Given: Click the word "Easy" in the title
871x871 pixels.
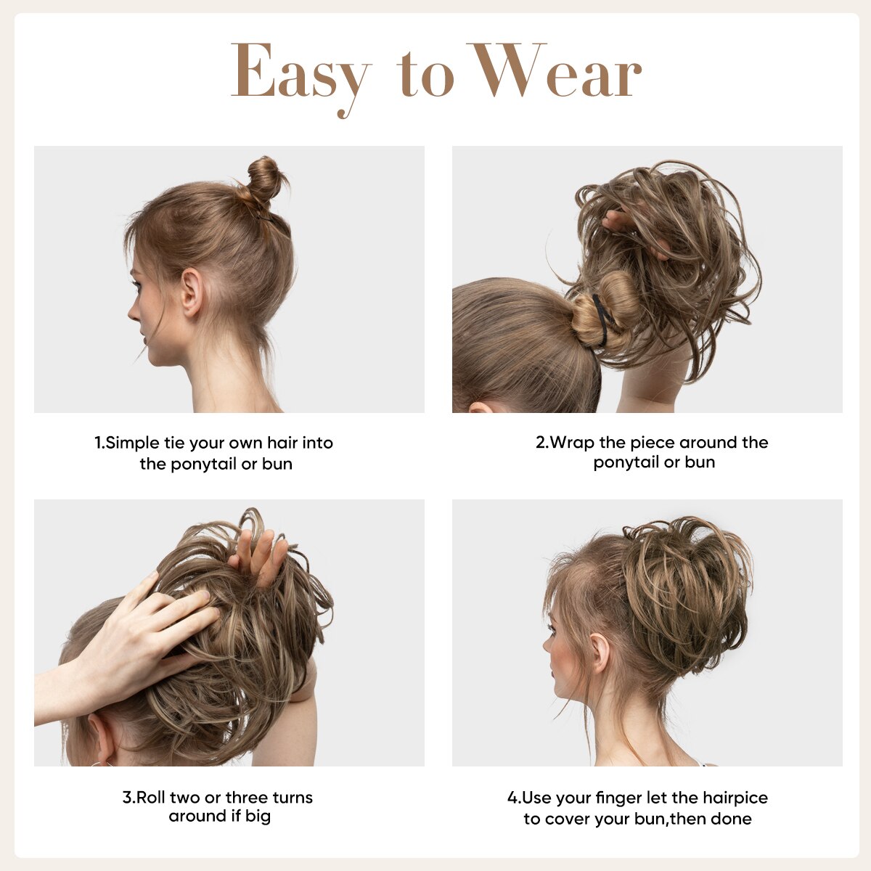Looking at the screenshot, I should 299,73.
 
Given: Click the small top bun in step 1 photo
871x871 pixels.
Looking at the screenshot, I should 263,178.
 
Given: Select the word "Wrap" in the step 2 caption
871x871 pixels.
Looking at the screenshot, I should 573,443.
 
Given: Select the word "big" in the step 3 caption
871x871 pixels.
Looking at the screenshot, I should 258,817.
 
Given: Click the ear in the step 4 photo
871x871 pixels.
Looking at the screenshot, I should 600,652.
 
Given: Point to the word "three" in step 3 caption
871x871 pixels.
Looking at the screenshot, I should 247,798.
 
